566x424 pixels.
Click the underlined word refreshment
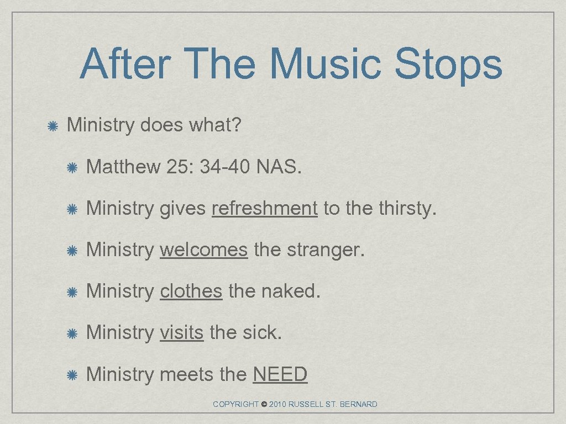(264, 209)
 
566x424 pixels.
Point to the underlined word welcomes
(203, 250)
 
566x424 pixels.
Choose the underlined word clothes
(191, 291)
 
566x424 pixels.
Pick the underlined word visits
(182, 333)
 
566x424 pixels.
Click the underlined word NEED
(280, 374)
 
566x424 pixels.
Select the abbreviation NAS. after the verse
(279, 167)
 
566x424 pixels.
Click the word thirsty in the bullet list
(407, 209)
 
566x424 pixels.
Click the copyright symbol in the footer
(264, 405)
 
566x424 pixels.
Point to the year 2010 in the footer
(279, 405)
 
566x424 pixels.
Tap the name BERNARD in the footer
(359, 405)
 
